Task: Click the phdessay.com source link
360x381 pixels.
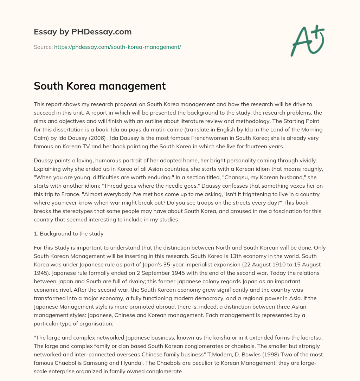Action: click(117, 47)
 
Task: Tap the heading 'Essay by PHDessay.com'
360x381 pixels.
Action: click(83, 32)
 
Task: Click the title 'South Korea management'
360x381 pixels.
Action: click(99, 86)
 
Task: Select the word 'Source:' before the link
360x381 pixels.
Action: click(43, 47)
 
